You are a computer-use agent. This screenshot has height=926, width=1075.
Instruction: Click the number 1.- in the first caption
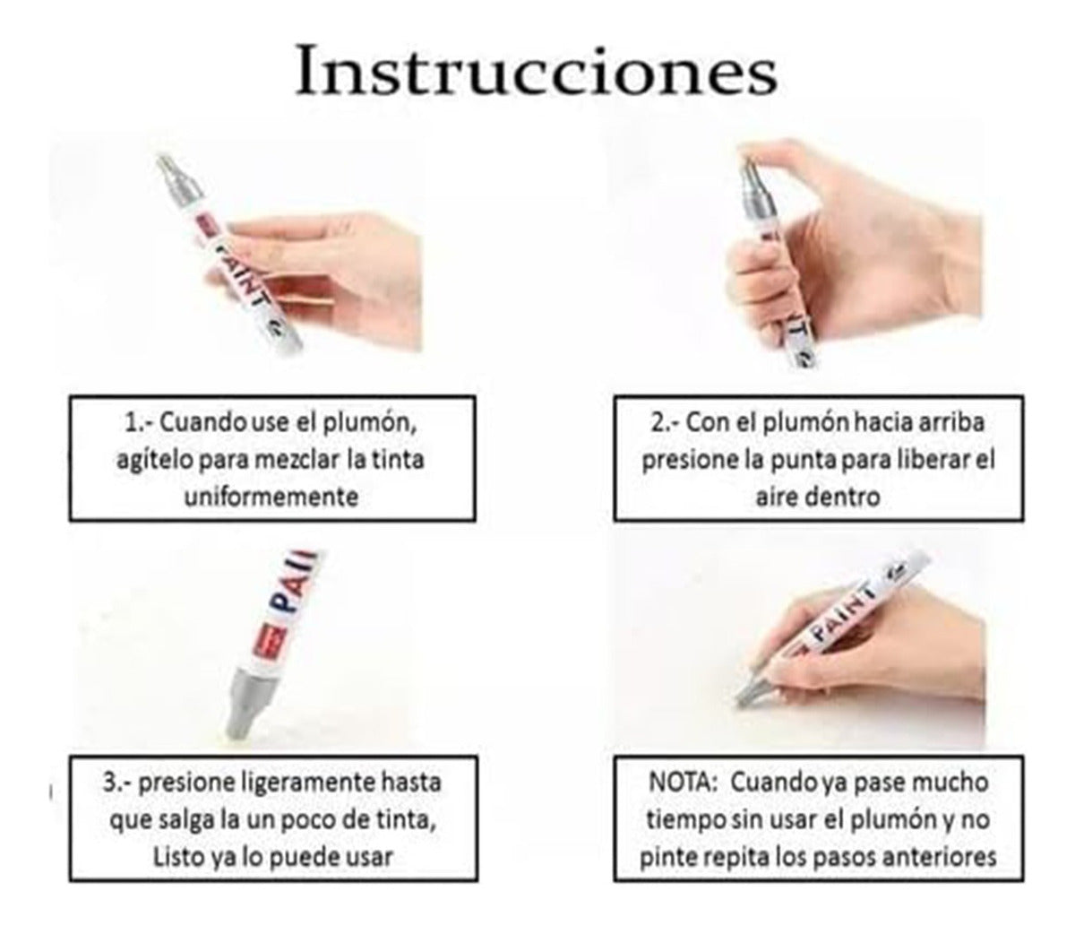click(x=136, y=421)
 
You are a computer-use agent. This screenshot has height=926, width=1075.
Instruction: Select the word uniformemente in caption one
click(x=271, y=495)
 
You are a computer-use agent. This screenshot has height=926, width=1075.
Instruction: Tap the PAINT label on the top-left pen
click(x=236, y=269)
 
